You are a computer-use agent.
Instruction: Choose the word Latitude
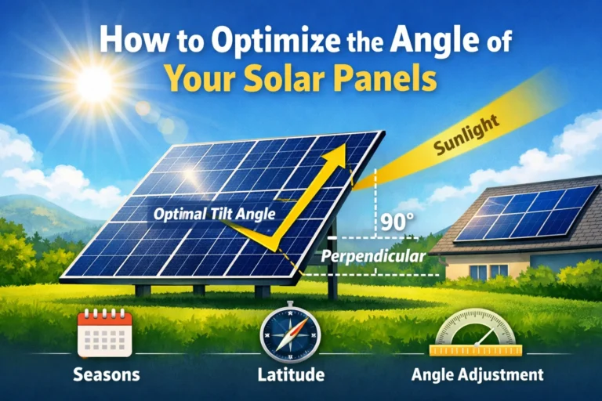pyautogui.click(x=290, y=375)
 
